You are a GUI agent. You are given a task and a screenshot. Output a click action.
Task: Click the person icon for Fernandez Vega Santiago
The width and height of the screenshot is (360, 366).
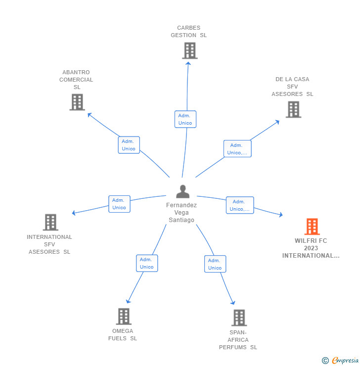pyautogui.click(x=182, y=191)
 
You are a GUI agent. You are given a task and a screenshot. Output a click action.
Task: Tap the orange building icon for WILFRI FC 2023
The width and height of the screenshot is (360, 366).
pyautogui.click(x=312, y=227)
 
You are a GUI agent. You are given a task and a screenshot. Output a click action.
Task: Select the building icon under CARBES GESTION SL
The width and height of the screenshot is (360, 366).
pyautogui.click(x=189, y=50)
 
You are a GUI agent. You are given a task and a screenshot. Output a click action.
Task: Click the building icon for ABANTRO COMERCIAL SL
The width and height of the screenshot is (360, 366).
pyautogui.click(x=77, y=102)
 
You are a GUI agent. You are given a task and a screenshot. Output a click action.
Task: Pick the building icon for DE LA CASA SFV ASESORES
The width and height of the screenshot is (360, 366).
pyautogui.click(x=293, y=109)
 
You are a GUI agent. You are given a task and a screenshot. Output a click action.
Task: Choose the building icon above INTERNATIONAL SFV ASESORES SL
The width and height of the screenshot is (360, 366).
pyautogui.click(x=50, y=222)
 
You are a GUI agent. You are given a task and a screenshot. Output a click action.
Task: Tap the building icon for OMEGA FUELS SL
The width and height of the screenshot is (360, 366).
pyautogui.click(x=123, y=316)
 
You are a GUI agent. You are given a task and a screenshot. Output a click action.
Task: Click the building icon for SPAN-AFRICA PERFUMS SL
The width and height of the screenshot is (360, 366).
pyautogui.click(x=239, y=318)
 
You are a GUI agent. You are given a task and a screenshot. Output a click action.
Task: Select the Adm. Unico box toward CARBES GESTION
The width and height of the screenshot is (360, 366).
pyautogui.click(x=185, y=119)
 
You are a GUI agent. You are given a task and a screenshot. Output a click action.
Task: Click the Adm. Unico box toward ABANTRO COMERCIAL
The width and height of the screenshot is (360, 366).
pyautogui.click(x=129, y=145)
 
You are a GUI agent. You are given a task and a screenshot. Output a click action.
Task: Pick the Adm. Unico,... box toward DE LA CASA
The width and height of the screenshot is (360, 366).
pyautogui.click(x=237, y=149)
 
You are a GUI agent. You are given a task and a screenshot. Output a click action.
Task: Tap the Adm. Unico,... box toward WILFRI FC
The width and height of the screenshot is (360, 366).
pyautogui.click(x=240, y=205)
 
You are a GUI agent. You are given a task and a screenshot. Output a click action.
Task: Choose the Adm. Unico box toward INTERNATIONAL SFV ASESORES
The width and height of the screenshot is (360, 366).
pyautogui.click(x=119, y=204)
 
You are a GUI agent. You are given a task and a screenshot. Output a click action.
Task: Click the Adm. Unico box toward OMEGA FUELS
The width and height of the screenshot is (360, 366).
pyautogui.click(x=147, y=263)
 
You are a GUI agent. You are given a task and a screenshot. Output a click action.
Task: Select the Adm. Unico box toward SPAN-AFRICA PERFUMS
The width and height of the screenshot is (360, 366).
pyautogui.click(x=215, y=264)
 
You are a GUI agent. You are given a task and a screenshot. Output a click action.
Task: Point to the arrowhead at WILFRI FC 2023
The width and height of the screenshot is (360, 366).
pyautogui.click(x=280, y=215)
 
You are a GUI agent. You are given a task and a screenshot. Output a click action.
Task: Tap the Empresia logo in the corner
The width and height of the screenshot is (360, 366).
pyautogui.click(x=344, y=361)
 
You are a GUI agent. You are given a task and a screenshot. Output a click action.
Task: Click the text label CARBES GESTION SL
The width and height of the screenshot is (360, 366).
pyautogui.click(x=189, y=32)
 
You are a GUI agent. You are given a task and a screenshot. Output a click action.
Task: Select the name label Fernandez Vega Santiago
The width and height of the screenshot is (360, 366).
pyautogui.click(x=181, y=213)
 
